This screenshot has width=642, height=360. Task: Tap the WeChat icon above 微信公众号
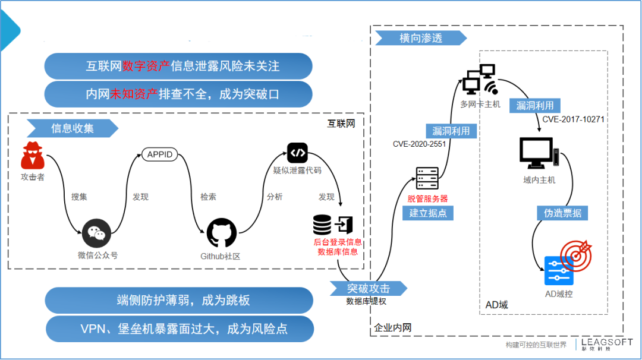97,233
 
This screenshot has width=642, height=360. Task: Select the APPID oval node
160,154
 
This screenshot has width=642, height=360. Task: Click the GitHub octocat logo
221,233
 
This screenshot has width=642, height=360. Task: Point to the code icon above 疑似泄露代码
297,153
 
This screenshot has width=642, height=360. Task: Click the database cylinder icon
322,225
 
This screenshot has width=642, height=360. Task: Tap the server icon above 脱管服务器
427,179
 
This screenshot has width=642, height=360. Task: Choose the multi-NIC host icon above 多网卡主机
480,81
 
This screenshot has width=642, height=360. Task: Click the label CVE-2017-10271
573,119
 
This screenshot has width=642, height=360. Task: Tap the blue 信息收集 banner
72,128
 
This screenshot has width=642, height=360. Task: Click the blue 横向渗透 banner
420,39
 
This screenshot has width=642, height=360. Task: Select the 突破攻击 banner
369,289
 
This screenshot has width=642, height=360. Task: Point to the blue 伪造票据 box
562,213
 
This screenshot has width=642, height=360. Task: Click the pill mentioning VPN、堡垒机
180,329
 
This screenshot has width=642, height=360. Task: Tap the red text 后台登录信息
338,242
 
